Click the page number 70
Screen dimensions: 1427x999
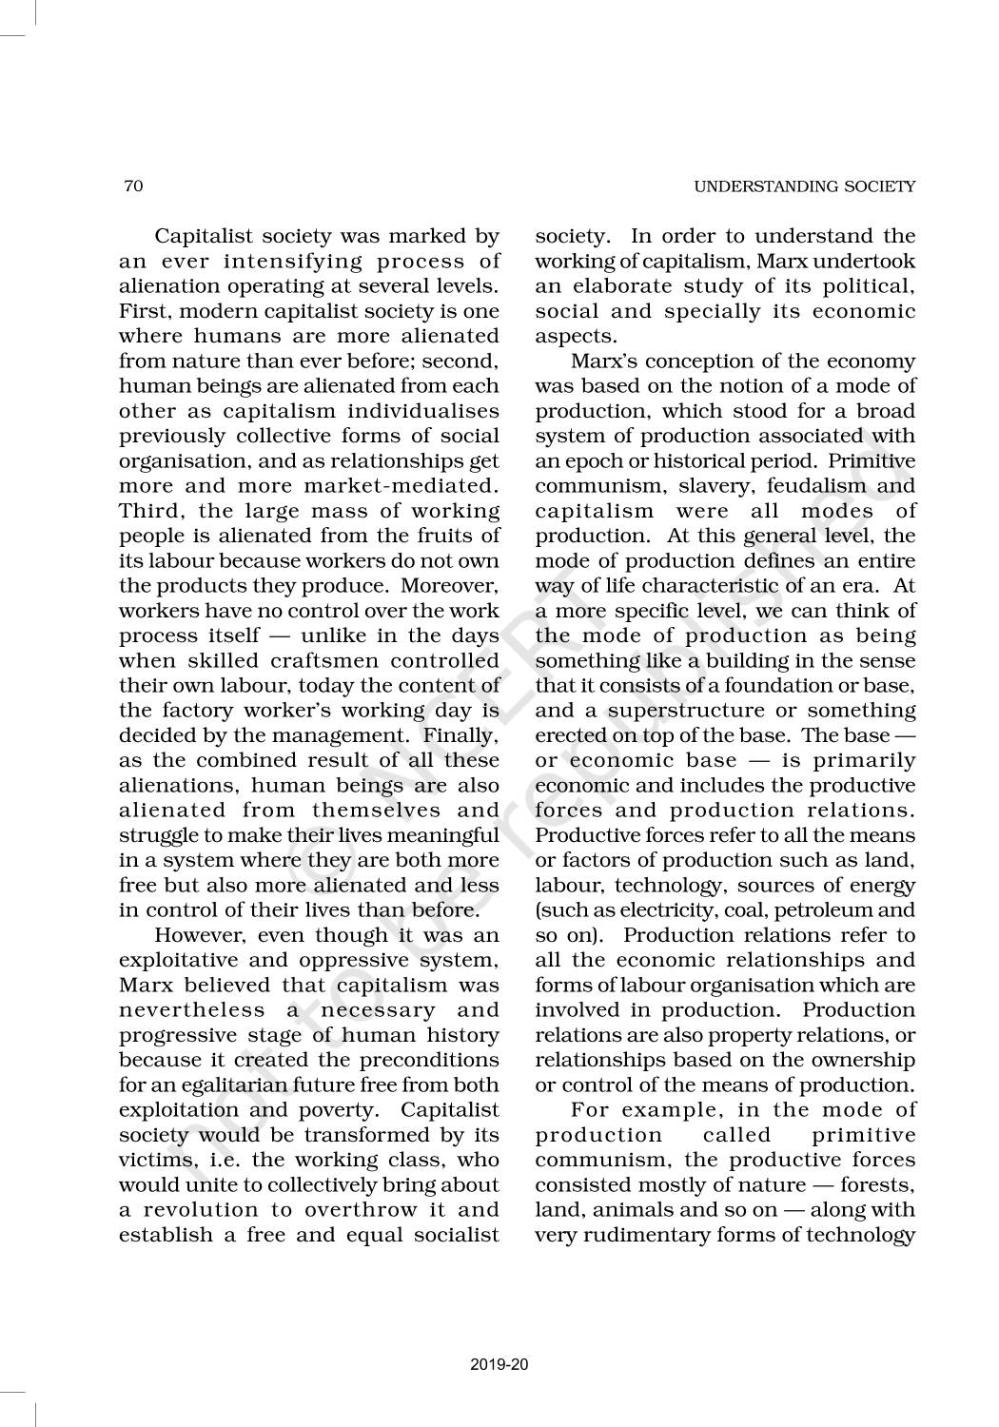133,186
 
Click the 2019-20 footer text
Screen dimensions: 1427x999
499,1365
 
